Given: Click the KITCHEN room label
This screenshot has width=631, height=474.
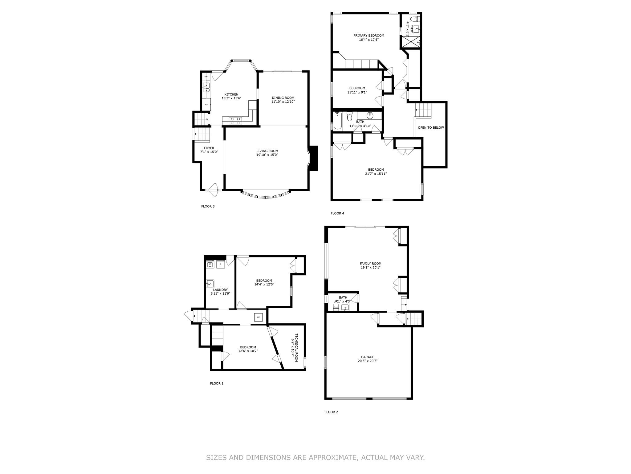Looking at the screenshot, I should click(231, 94).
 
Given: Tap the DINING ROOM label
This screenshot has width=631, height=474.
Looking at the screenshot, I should click(283, 98).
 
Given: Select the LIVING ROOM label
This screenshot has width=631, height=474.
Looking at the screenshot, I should click(267, 151).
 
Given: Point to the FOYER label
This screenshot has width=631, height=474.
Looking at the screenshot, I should click(209, 148).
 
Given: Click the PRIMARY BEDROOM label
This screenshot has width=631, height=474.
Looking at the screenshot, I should click(368, 35).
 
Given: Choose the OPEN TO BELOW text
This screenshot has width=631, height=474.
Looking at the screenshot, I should click(431, 127).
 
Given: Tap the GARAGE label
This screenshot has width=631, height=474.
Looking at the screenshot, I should click(368, 357).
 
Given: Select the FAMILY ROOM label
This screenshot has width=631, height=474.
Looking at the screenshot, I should click(370, 264).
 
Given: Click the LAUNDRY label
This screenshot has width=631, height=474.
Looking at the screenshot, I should click(220, 290).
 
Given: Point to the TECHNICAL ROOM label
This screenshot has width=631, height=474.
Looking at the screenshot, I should click(296, 347).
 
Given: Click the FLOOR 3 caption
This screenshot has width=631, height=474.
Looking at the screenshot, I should click(208, 206).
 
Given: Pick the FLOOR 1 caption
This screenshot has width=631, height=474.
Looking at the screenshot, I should click(217, 384).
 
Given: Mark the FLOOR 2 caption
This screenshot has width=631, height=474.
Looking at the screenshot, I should click(331, 412).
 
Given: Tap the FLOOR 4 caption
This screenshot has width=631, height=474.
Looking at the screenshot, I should click(337, 213).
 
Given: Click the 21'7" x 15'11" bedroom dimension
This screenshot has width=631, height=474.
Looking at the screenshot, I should click(376, 174).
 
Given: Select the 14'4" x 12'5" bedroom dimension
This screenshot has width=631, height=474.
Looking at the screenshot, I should click(264, 285).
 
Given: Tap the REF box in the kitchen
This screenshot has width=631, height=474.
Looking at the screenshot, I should click(206, 104).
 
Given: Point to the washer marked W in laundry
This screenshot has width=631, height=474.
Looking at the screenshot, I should click(210, 264).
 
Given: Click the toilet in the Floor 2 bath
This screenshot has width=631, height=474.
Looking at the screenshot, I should click(336, 306).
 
